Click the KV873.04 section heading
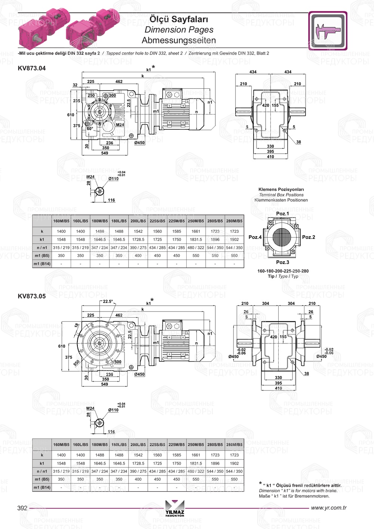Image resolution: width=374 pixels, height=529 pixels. point(32,68)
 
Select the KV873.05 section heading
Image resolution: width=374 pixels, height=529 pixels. point(32,296)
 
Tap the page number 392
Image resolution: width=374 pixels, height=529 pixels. point(22,508)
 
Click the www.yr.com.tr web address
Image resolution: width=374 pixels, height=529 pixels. point(329,508)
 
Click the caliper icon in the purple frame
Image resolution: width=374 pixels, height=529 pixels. point(328,31)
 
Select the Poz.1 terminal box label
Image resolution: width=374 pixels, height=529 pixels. point(282,214)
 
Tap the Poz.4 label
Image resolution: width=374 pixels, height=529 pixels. point(255,237)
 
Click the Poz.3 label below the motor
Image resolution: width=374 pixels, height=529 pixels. point(283,262)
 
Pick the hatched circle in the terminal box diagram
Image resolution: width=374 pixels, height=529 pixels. point(282,237)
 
